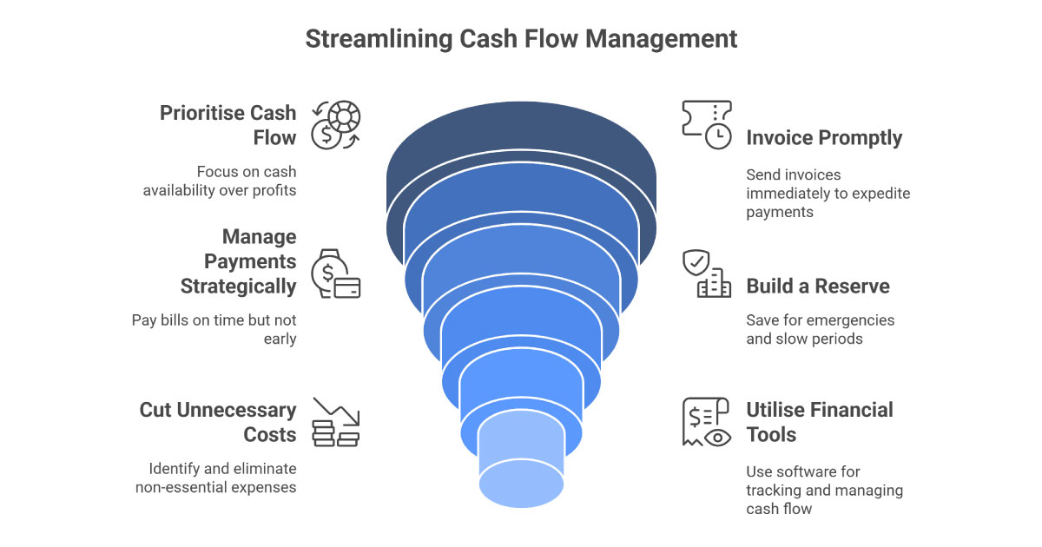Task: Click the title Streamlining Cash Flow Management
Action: [521, 39]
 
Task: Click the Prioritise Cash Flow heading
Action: [228, 125]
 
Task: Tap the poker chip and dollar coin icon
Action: [337, 124]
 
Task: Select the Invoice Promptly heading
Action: [824, 138]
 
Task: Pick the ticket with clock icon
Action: [706, 124]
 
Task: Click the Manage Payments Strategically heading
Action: [238, 261]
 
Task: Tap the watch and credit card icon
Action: [336, 273]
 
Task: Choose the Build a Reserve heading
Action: [818, 287]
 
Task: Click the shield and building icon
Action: [706, 273]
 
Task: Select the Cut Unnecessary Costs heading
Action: [218, 422]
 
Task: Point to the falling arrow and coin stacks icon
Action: [336, 422]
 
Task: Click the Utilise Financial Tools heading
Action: [820, 422]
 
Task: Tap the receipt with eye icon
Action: [706, 422]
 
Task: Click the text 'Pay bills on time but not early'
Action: [214, 329]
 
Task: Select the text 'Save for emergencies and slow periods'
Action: [820, 329]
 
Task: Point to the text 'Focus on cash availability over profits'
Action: [220, 181]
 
